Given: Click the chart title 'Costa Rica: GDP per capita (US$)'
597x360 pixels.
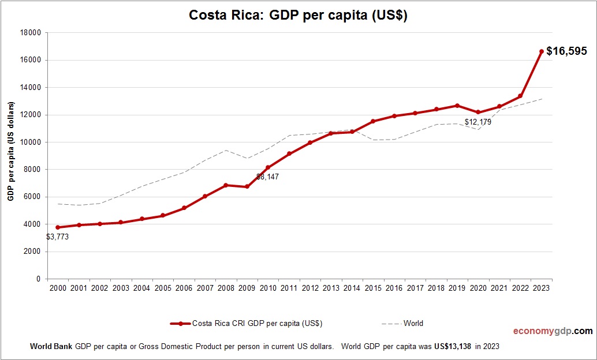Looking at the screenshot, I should coord(298,16).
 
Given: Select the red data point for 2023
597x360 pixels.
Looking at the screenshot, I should coord(541,51).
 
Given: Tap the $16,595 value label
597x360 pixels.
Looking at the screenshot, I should coord(566,51).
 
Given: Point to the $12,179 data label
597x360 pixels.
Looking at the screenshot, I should coord(477,122).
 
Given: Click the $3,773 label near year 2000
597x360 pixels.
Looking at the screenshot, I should coord(58,237).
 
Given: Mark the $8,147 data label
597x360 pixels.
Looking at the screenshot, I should coord(267,177).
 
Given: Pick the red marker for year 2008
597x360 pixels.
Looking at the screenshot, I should coord(226,185).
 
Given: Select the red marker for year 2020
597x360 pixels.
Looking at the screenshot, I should coord(478,112).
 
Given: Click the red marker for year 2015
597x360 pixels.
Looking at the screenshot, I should coord(373,121).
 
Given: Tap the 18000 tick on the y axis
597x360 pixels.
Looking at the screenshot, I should coord(30,33).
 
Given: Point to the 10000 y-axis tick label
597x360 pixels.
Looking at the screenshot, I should coord(30,142).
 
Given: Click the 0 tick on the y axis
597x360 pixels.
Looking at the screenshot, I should coord(38,279).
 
